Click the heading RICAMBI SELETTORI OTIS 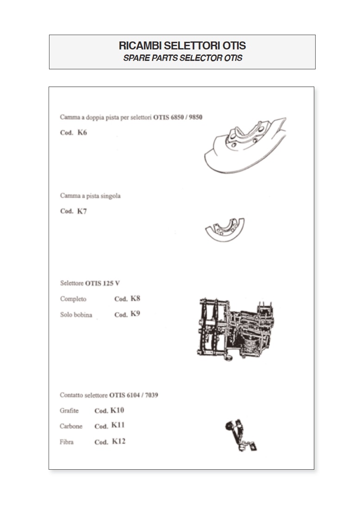(x=182, y=45)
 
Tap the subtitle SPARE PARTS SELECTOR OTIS (x=183, y=58)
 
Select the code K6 (x=82, y=132)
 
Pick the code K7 (x=82, y=211)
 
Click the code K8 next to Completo (x=136, y=298)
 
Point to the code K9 (x=135, y=313)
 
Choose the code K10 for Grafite (x=117, y=411)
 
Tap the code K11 (x=118, y=425)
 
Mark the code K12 (x=118, y=441)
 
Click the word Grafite (x=69, y=411)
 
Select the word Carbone (x=71, y=426)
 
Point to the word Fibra (x=67, y=442)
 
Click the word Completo (x=73, y=299)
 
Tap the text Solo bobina (x=76, y=314)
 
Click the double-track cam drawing (x=245, y=145)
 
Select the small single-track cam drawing (x=225, y=230)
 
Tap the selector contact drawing (x=241, y=435)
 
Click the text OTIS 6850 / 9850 (x=178, y=117)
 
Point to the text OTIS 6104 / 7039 (x=134, y=395)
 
